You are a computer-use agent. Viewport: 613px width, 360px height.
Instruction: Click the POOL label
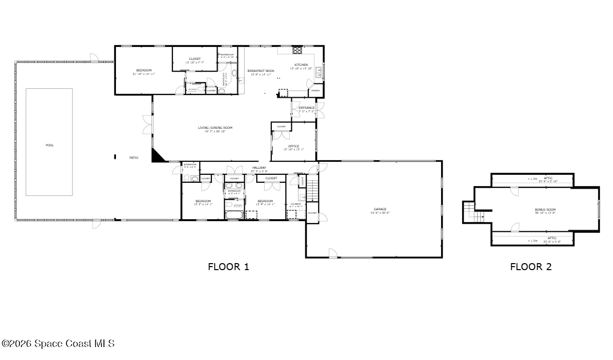point(49,145)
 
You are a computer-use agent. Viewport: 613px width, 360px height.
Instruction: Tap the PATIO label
point(133,158)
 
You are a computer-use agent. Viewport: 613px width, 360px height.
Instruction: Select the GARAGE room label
point(380,209)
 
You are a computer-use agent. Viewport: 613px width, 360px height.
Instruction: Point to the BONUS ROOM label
point(545,210)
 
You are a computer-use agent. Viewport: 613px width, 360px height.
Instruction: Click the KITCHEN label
point(301,65)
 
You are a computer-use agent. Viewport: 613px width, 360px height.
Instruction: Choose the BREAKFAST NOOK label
point(261,71)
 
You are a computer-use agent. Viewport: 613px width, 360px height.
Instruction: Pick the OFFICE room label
point(293,146)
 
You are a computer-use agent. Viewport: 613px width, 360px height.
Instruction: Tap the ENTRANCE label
point(306,108)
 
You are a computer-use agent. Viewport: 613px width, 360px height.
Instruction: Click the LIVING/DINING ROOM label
point(215,128)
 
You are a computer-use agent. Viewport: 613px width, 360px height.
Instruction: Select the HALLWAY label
point(259,168)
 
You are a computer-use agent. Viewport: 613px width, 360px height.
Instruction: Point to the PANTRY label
point(316,91)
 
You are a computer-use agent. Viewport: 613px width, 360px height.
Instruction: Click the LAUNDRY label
point(296,204)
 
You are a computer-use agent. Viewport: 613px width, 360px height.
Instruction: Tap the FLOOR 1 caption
point(228,267)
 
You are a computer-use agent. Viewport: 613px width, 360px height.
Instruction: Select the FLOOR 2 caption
point(531,267)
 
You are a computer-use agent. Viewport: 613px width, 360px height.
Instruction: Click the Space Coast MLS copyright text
point(58,344)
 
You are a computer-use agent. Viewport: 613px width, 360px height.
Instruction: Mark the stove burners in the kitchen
point(297,50)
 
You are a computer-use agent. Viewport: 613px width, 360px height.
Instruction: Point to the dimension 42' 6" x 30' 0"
point(380,213)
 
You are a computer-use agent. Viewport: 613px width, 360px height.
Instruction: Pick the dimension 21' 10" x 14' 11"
point(144,74)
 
